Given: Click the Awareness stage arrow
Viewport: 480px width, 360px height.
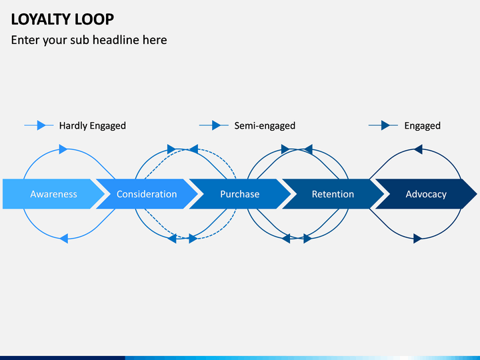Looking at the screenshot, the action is [53, 194].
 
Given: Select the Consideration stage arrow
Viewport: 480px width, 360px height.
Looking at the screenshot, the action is [147, 194].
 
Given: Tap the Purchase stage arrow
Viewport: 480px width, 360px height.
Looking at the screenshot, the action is [240, 194].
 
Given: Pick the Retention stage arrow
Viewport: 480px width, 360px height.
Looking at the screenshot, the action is [333, 194].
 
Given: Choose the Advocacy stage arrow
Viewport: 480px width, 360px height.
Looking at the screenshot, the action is [426, 194].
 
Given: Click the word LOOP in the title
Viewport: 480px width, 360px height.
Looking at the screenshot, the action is [95, 19].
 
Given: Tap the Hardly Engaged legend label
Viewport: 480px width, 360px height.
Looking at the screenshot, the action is [93, 126].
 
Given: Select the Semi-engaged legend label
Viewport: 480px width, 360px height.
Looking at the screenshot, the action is [265, 126].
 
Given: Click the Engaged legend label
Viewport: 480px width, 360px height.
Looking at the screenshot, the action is [423, 126].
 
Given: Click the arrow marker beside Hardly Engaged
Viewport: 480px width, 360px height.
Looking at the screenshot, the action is [41, 125].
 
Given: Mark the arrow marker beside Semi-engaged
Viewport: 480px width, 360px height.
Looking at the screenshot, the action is [216, 125].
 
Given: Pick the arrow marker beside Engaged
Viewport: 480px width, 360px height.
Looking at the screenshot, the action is [385, 125].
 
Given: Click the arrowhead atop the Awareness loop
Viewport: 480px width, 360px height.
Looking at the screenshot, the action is [63, 149].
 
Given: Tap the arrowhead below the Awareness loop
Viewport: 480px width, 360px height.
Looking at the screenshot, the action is [64, 239].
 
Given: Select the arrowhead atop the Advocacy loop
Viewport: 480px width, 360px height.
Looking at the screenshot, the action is [418, 149].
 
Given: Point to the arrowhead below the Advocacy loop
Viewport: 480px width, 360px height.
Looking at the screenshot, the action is [418, 239].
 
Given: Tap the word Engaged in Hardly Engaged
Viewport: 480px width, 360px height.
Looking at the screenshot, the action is [108, 126].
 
